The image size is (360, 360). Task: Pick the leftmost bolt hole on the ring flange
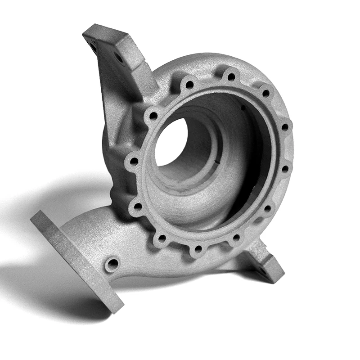pos(134,161)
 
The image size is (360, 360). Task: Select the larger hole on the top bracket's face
pos(119,57)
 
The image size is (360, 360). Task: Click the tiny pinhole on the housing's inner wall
pos(243,108)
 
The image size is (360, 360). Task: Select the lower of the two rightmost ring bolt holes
pos(284,169)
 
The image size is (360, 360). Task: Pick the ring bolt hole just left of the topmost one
pos(189,84)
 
